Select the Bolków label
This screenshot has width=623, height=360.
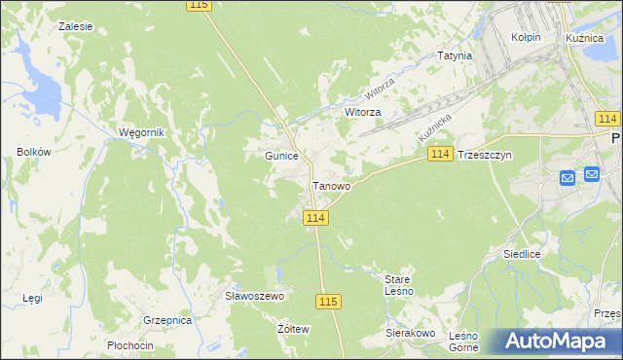coord(33,152)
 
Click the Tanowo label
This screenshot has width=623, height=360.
coord(331,185)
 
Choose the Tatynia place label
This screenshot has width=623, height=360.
coord(455,55)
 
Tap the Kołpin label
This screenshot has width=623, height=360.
coord(526,36)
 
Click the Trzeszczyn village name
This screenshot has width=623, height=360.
coord(484,155)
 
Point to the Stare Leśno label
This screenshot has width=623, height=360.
coord(399,285)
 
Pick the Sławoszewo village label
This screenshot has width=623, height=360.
coord(253,296)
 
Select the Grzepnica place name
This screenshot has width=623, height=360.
coord(166,319)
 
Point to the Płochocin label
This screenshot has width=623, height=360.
coord(130,345)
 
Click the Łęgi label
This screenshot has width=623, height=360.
coord(33,298)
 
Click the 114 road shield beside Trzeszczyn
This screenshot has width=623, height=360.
coord(440,155)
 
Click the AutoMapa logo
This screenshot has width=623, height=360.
coord(557,341)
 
